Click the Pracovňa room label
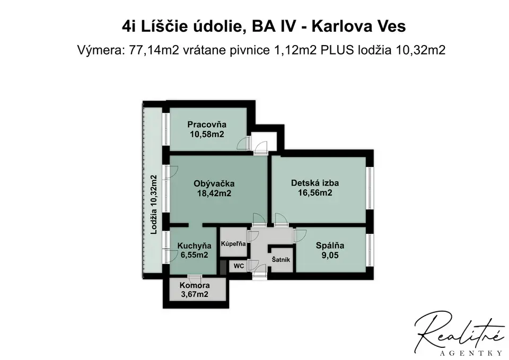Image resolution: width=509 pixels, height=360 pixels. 207,124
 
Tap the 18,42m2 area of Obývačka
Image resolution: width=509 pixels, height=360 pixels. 214,194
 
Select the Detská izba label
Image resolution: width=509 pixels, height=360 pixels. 315,183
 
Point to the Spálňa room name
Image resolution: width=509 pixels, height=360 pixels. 330,245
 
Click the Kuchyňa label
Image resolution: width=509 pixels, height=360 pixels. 194,246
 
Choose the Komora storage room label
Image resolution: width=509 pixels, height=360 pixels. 195,286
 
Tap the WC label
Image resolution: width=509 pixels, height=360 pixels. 239,266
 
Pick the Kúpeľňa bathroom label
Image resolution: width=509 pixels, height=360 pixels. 233,243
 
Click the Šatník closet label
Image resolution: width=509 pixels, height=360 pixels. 281,260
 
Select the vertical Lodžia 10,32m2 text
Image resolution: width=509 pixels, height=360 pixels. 154,205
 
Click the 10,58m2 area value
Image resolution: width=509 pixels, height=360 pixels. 207,134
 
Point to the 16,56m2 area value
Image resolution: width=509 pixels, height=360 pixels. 315,193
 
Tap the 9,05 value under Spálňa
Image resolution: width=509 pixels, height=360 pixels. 330,256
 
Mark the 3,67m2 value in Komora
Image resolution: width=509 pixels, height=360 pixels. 195,295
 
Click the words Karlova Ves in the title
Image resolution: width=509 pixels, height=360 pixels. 359,27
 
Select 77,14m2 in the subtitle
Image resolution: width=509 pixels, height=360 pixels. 154,51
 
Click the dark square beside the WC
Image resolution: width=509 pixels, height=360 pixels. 223,267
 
